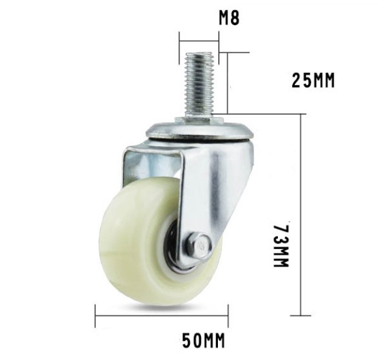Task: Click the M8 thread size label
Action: point(229,18)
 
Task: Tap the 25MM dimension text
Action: point(313,80)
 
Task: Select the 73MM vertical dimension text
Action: point(281,245)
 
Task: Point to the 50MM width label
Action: point(204,340)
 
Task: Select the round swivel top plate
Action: point(200,132)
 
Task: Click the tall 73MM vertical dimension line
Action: point(301,215)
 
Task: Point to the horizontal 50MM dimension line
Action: point(161,316)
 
